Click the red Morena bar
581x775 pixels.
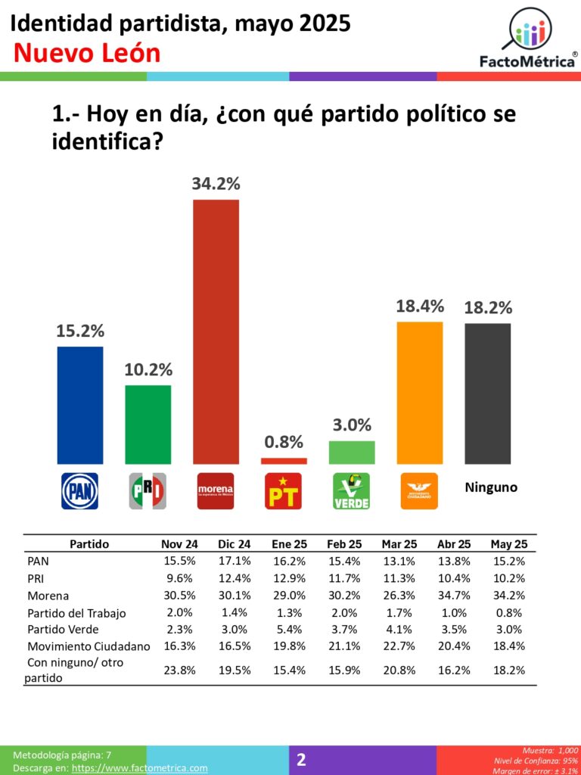click(216, 331)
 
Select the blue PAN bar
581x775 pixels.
click(80, 405)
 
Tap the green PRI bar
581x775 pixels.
click(148, 424)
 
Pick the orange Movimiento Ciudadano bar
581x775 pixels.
click(420, 392)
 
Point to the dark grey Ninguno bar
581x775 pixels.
click(487, 393)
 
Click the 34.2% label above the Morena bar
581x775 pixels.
click(216, 183)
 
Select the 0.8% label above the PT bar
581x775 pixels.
click(284, 442)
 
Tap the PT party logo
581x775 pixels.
click(284, 491)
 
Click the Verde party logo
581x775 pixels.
click(352, 491)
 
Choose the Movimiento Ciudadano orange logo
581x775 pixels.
click(419, 491)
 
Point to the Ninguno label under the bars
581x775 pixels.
click(490, 487)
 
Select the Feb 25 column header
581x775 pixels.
click(344, 544)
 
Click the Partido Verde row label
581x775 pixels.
click(62, 630)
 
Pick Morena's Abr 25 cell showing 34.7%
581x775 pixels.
click(454, 596)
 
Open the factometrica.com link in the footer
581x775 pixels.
click(139, 767)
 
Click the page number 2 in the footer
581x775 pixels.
click(301, 760)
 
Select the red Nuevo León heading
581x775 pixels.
click(87, 53)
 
